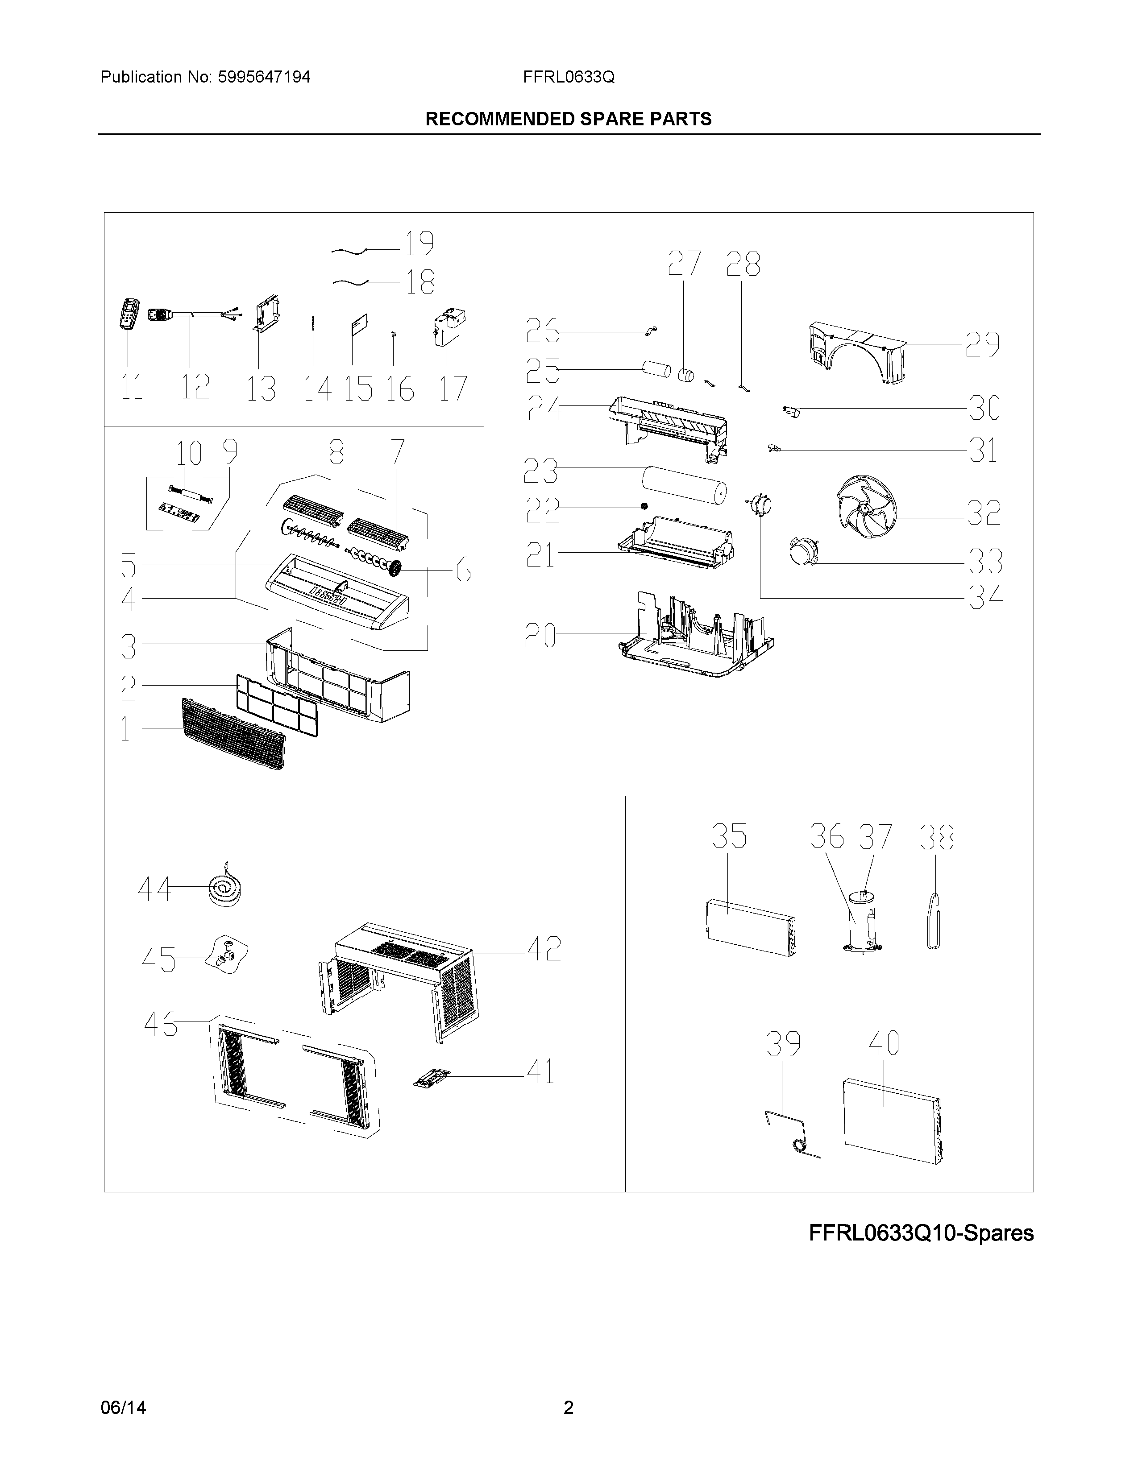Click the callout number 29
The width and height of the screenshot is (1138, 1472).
click(982, 344)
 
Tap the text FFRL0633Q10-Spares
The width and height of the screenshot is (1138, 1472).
click(921, 1233)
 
